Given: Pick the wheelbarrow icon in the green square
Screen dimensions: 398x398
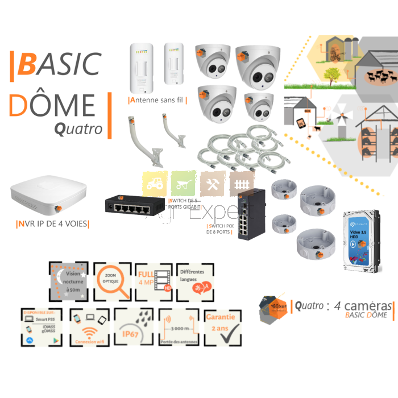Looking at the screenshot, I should pos(183,184).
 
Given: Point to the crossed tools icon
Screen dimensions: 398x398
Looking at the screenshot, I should pos(213,184).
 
